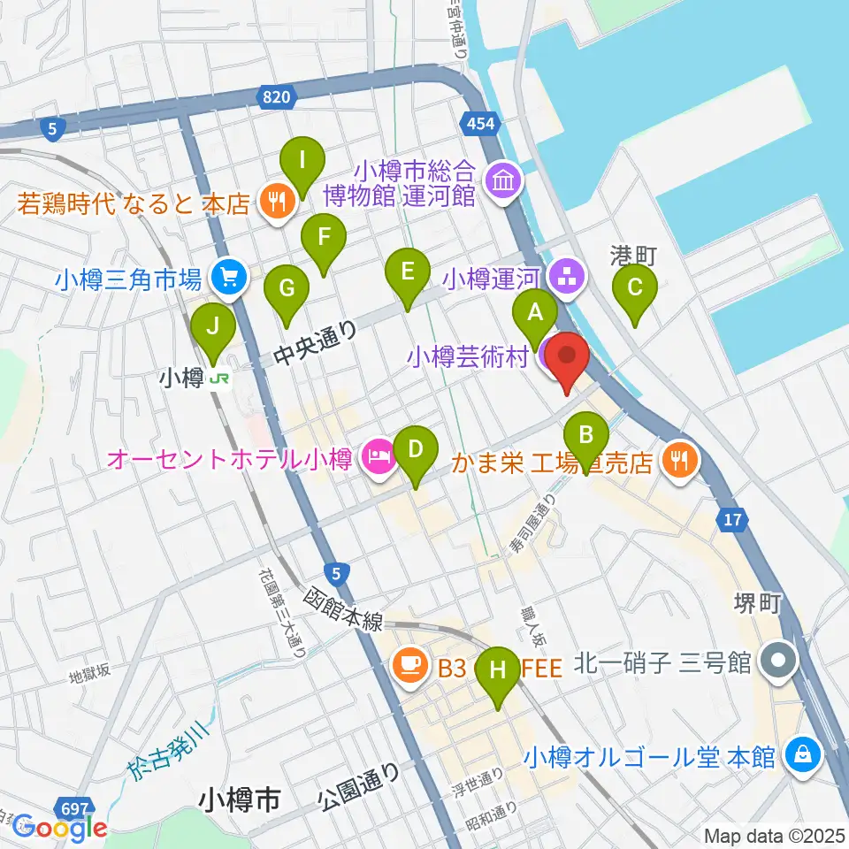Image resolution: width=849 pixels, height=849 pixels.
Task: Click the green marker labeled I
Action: (302, 162)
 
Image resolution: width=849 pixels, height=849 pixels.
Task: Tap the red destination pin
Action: (566, 358)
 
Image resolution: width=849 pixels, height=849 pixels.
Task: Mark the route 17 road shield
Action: (732, 520)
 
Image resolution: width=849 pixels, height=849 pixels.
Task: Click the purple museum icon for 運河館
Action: (505, 183)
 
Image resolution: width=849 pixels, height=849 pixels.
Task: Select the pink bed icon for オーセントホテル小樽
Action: (378, 458)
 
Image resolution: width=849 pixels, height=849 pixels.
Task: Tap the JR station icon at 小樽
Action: (218, 379)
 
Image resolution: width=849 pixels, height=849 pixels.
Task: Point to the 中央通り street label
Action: (315, 343)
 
